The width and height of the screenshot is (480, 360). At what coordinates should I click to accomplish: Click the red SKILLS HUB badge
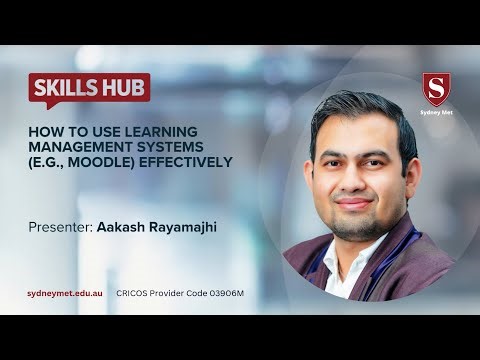click(89, 87)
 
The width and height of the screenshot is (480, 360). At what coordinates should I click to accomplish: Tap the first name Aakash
click(122, 227)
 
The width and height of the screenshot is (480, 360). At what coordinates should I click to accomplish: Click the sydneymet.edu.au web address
click(66, 292)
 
